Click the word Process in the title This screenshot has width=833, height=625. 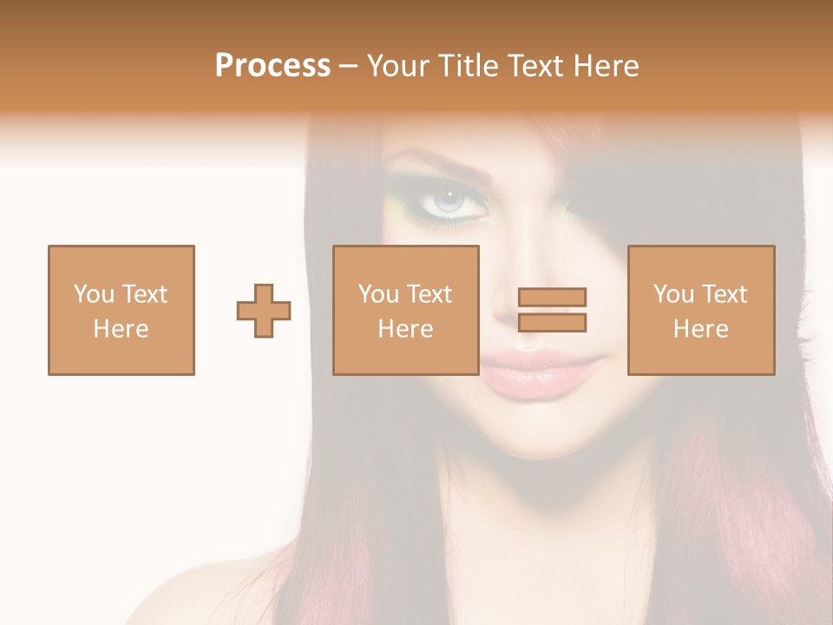click(x=272, y=66)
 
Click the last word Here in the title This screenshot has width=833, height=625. click(x=605, y=66)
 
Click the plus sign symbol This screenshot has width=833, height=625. click(x=264, y=311)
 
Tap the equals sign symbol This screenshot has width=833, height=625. click(x=552, y=311)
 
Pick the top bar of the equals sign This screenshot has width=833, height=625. click(x=552, y=298)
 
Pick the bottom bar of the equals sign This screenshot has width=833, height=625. click(x=552, y=323)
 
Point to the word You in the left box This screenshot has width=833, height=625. click(x=93, y=294)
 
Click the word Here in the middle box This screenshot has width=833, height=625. click(x=406, y=329)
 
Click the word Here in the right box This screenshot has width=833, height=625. click(x=701, y=329)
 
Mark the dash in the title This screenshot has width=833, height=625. click(x=348, y=67)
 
